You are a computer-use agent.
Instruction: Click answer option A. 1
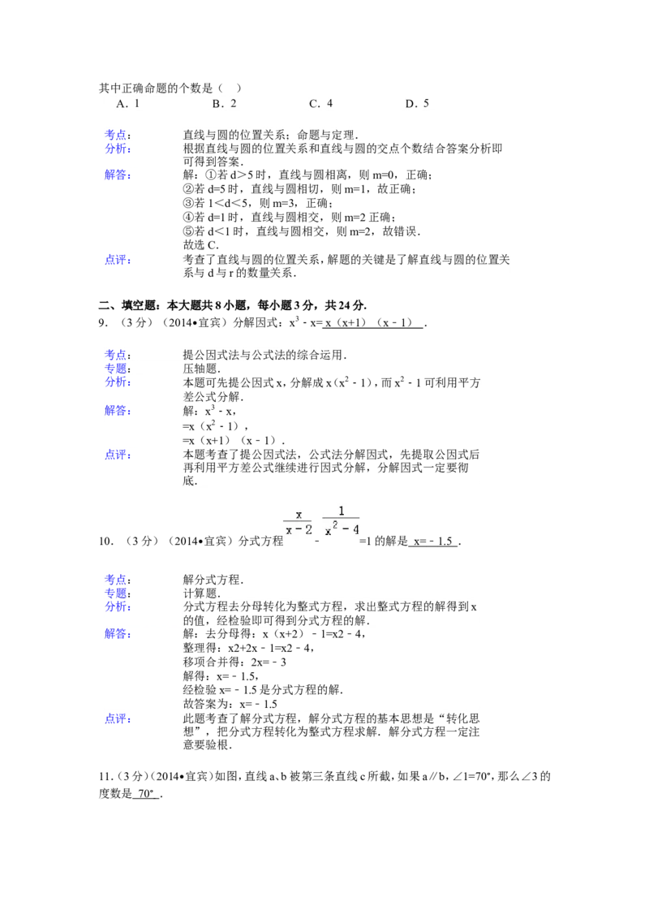[128, 104]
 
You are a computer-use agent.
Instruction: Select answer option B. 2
[225, 104]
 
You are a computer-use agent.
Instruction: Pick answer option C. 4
[321, 104]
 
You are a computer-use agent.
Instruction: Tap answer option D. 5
[417, 104]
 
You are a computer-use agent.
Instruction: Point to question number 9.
[103, 323]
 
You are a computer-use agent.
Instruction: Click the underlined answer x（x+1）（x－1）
[372, 323]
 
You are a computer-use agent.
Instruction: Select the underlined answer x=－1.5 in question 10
[433, 541]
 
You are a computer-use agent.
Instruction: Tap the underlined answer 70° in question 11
[145, 794]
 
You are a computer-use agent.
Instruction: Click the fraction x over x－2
[299, 522]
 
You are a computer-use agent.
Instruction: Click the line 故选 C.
[201, 245]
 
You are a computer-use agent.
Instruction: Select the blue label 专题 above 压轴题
[118, 369]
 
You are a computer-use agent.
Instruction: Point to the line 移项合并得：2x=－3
[234, 662]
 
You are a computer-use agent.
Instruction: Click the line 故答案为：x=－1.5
[230, 705]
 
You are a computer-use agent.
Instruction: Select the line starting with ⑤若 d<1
[302, 231]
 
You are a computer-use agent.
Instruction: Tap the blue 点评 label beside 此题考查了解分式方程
[118, 718]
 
